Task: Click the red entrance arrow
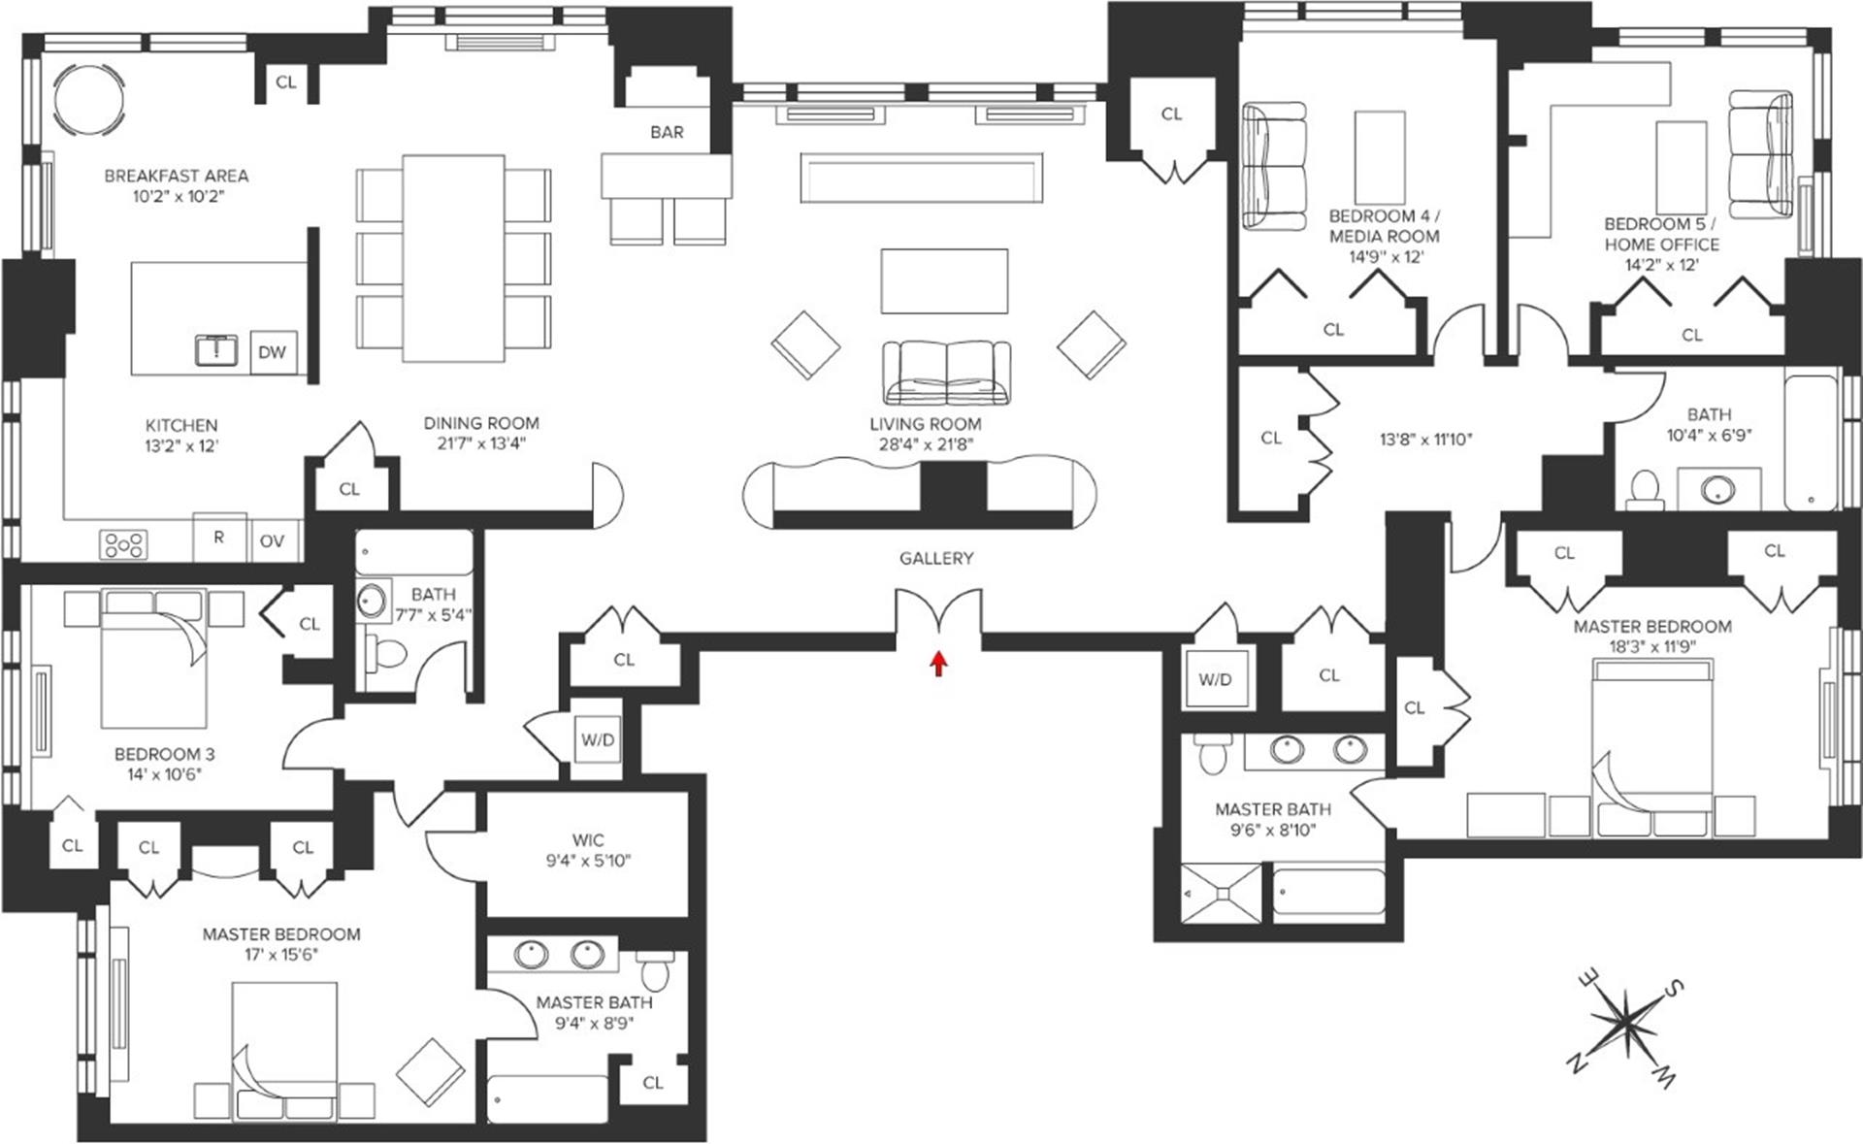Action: tap(938, 663)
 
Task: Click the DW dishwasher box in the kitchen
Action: tap(273, 352)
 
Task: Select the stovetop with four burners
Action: tap(124, 544)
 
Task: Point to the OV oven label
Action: tap(273, 540)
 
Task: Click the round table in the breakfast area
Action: tap(88, 101)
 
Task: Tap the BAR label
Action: tap(667, 132)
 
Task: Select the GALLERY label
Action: tap(936, 558)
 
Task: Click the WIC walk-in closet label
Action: tap(588, 840)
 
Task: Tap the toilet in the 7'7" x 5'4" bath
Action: tap(389, 653)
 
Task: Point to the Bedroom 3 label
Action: tap(164, 754)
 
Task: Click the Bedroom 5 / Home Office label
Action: tap(1661, 234)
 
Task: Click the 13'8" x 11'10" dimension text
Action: tap(1426, 439)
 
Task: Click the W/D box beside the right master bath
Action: tap(1214, 679)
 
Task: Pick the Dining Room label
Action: tap(481, 423)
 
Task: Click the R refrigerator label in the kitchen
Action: tap(219, 537)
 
